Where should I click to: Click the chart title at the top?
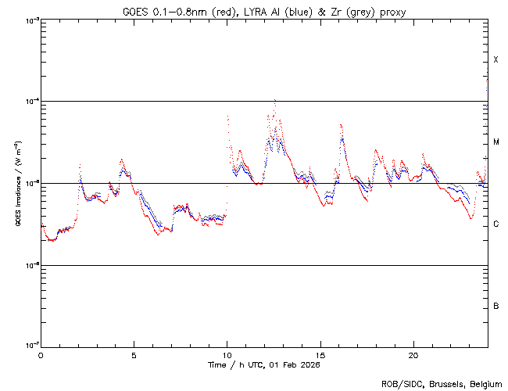click(264, 12)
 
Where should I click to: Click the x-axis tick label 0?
click(41, 354)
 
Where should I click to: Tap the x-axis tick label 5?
click(134, 354)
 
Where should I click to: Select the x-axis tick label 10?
click(227, 354)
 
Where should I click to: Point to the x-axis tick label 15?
click(320, 354)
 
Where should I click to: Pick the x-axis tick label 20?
click(413, 354)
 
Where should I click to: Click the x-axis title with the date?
click(264, 364)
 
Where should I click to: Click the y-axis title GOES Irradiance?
click(18, 183)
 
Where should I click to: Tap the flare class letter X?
click(496, 60)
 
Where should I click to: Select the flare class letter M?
click(496, 142)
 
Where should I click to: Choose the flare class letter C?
click(496, 224)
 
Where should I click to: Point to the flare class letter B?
click(496, 306)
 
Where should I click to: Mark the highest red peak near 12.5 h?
click(274, 100)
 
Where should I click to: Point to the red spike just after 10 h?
click(227, 117)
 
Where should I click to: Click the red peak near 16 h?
click(341, 125)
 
